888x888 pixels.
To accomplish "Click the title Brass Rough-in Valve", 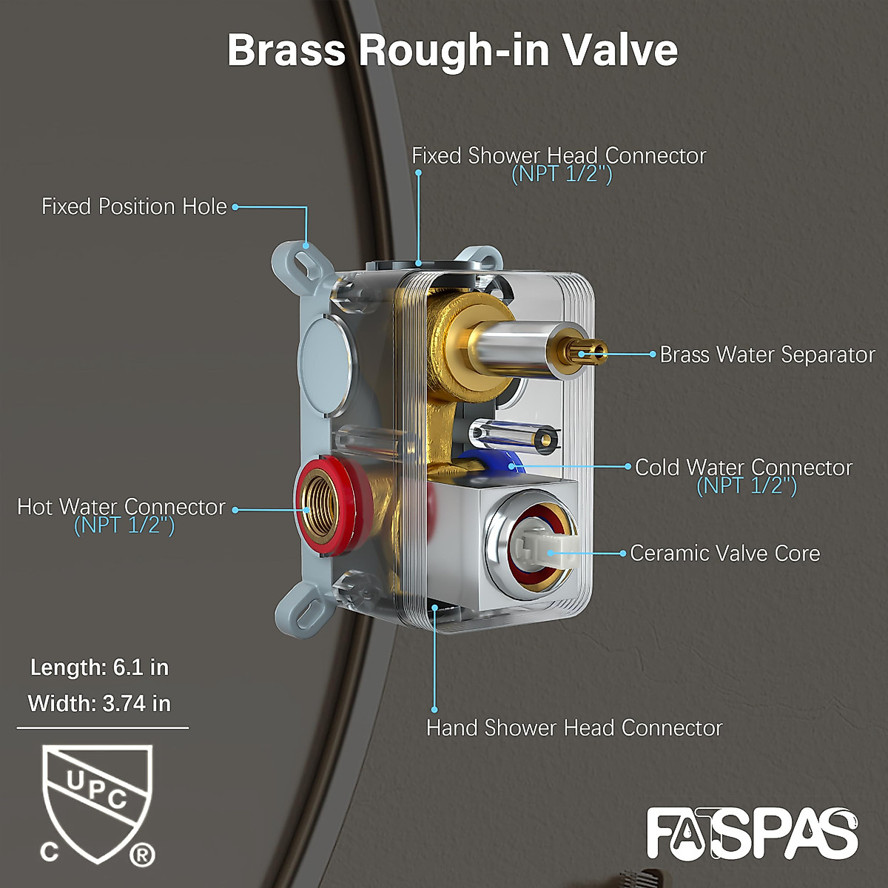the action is pyautogui.click(x=452, y=50).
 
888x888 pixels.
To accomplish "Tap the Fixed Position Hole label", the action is pyautogui.click(x=134, y=206).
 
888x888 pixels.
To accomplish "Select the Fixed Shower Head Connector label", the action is pyautogui.click(x=559, y=156).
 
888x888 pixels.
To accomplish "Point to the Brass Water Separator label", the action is pyautogui.click(x=767, y=354).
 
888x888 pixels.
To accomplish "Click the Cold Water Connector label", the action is pyautogui.click(x=744, y=468).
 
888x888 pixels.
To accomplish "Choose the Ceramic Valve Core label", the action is pyautogui.click(x=725, y=554).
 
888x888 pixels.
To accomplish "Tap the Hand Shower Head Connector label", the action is pyautogui.click(x=574, y=728).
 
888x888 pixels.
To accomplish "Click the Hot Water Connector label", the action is pyautogui.click(x=121, y=507).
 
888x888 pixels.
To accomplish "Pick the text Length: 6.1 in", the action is pyautogui.click(x=100, y=667).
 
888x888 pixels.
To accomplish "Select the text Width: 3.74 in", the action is pyautogui.click(x=100, y=703).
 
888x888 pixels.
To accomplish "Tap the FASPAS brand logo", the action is pyautogui.click(x=752, y=835).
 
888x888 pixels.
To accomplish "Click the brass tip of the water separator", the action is pyautogui.click(x=589, y=350).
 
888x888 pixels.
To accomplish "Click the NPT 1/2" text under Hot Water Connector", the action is pyautogui.click(x=124, y=525).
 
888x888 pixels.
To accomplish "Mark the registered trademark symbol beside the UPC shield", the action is pyautogui.click(x=142, y=855).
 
